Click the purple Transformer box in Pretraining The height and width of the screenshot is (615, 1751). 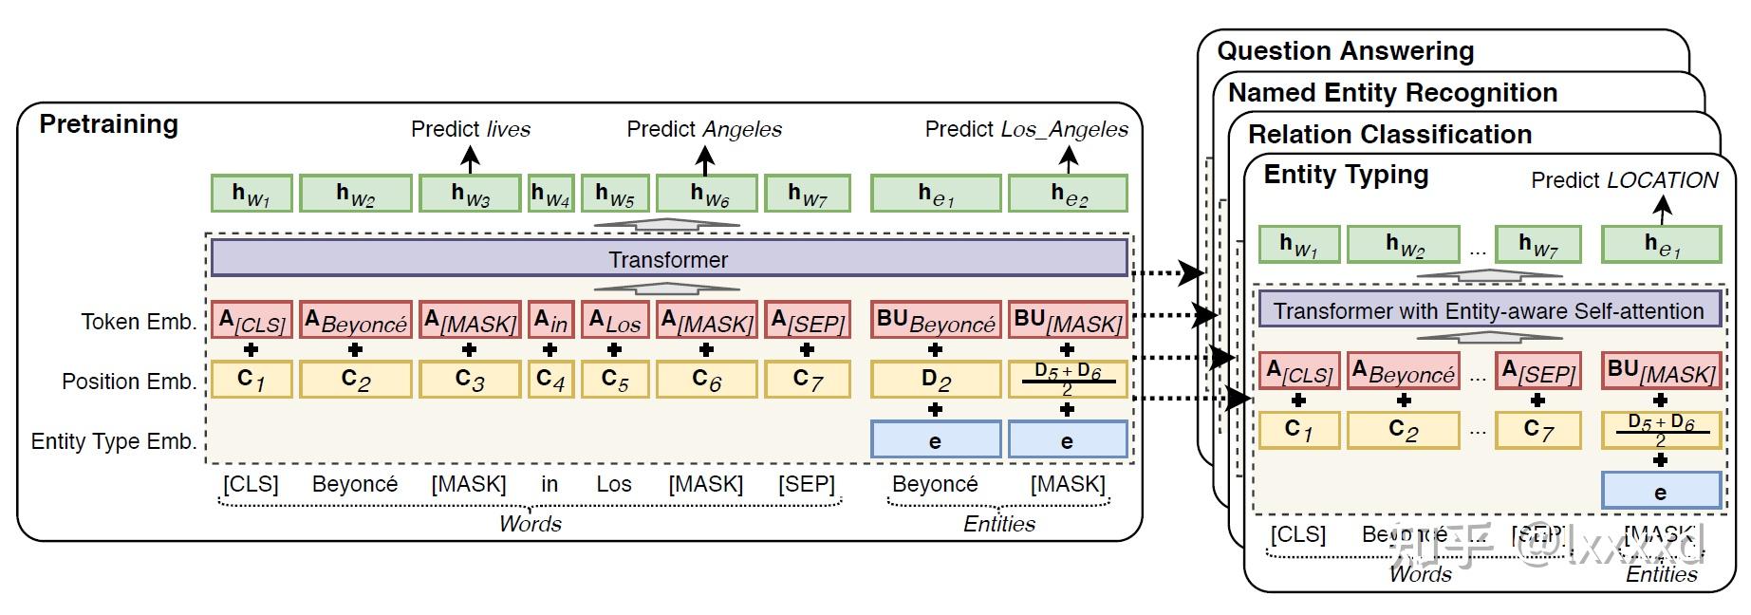tap(668, 259)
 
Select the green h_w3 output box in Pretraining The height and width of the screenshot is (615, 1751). tap(470, 194)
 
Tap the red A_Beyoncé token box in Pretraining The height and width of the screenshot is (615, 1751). tap(355, 321)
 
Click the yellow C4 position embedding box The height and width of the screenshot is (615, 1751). tap(550, 380)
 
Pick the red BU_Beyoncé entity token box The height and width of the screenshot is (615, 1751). tap(935, 321)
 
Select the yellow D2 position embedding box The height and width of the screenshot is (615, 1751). tap(935, 380)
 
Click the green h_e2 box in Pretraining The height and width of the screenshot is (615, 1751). tap(1068, 194)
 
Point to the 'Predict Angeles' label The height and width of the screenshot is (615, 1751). tap(703, 129)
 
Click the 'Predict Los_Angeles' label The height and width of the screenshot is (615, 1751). tap(1026, 129)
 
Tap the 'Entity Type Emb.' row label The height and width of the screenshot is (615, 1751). tap(113, 441)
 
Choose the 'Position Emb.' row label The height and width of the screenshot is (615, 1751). tap(128, 382)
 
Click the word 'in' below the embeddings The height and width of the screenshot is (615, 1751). tap(550, 484)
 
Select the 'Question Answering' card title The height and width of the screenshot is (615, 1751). tap(1345, 51)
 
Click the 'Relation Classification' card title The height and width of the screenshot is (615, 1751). tap(1389, 135)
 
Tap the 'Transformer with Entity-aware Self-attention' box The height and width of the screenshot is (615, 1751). tap(1488, 310)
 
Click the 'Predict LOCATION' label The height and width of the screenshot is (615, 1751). tap(1624, 180)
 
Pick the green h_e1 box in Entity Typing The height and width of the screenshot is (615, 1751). tap(1661, 244)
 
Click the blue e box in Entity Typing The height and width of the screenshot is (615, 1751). tap(1661, 492)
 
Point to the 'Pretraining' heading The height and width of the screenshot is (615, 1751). tap(108, 124)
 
